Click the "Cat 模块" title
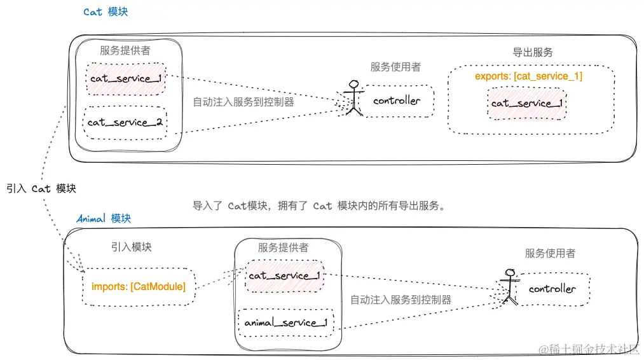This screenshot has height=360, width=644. (x=106, y=12)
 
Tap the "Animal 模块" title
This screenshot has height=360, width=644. (x=104, y=218)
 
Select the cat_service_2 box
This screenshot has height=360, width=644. (x=125, y=122)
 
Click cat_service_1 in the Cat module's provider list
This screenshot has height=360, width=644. (x=125, y=79)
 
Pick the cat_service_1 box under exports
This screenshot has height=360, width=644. (x=527, y=103)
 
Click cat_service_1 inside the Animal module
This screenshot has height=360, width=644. (x=284, y=275)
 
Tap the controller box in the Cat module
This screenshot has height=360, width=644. (x=397, y=100)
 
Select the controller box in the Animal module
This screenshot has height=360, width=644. (x=552, y=289)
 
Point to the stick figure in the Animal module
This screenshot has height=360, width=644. (x=509, y=286)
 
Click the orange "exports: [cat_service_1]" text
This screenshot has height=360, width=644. (x=528, y=76)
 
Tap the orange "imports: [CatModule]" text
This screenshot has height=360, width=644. (x=139, y=287)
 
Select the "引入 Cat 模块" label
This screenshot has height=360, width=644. (x=41, y=188)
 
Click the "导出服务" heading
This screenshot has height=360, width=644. (x=533, y=53)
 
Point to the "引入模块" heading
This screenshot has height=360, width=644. (x=131, y=247)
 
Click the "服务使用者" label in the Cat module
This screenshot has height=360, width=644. (x=395, y=67)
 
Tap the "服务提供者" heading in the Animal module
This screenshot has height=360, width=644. (x=283, y=247)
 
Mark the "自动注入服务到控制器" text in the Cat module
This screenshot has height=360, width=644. (x=243, y=101)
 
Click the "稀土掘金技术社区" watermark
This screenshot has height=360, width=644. (x=589, y=349)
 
